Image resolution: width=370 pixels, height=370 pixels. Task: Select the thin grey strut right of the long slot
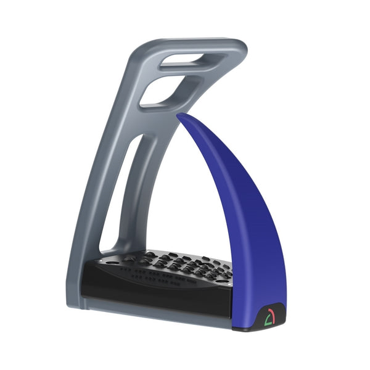pos(150,185)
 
